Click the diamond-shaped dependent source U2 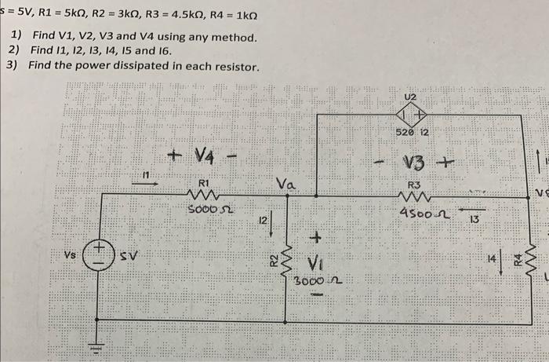pos(411,115)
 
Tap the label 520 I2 pos(412,133)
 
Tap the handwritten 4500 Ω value pos(420,213)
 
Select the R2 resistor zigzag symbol pos(286,261)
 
